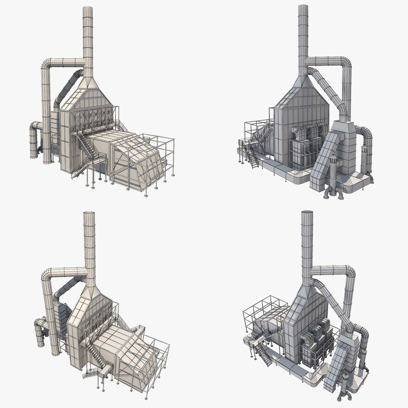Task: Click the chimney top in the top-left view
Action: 88,8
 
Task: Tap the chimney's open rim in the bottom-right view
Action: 308,213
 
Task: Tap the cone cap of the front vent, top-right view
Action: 333,157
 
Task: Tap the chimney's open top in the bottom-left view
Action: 90,214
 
